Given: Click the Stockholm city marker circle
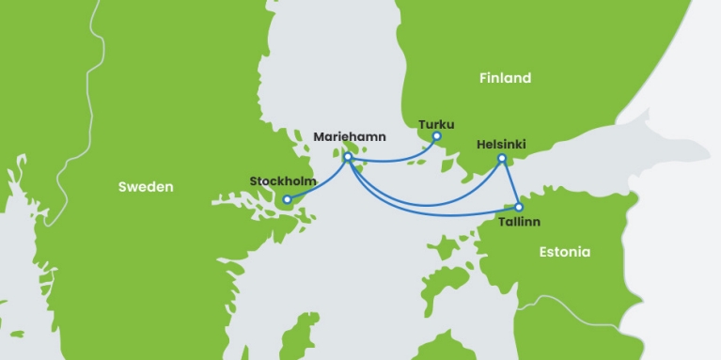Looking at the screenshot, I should pos(287,199).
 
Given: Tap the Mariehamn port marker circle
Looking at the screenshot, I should pos(348,157).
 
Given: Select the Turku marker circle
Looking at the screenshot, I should pos(436,137).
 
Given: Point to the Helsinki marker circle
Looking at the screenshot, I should pos(502,158).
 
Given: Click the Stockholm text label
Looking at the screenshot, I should pos(283,180).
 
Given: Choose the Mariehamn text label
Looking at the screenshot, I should pos(349,137).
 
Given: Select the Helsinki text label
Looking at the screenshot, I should pos(501,144).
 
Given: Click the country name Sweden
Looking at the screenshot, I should pos(146,187).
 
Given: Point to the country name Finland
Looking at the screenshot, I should pos(505,78).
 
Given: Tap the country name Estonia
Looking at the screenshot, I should pos(565,252).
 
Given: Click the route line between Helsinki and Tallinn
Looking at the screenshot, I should pos(509,182).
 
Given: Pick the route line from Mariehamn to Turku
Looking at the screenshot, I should pos(395,161).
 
